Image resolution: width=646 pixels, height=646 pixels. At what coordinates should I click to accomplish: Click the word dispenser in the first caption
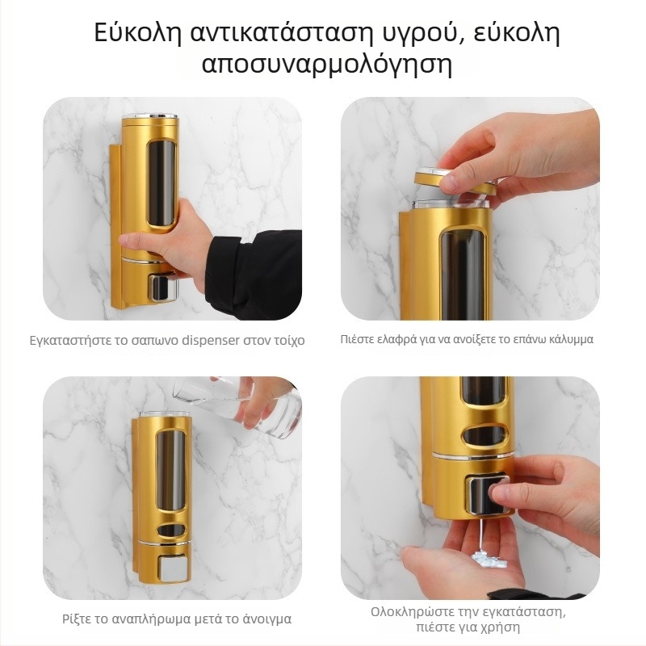pos(208,341)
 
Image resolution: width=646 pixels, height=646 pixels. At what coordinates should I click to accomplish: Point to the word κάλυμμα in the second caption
pos(569,339)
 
